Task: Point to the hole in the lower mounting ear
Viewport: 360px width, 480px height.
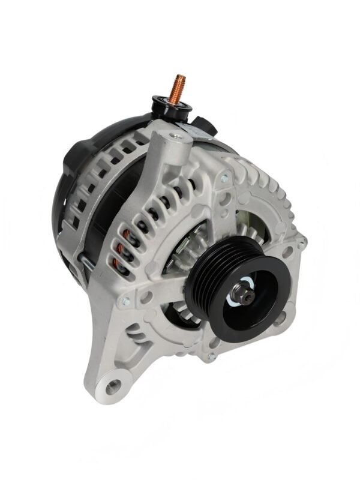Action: tap(112, 382)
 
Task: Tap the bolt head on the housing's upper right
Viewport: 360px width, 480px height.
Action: tap(223, 178)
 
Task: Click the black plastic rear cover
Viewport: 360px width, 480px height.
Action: tap(78, 180)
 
